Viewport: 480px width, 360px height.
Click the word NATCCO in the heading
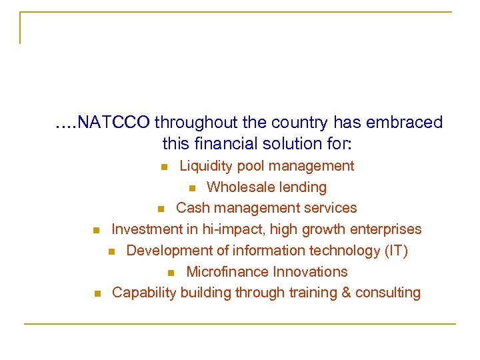114,123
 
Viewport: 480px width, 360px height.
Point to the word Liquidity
207,165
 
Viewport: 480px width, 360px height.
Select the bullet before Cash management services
161,209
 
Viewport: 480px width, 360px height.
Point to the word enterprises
388,229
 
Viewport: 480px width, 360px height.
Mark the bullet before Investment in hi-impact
96,231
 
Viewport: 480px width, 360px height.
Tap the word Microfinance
225,272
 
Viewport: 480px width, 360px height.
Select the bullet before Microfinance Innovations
171,273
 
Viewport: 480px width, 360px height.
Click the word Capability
143,293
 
